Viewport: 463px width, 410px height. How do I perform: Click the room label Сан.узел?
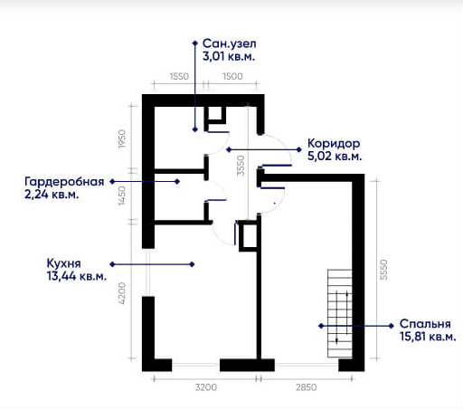[x=230, y=43]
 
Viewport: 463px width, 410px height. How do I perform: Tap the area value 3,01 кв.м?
[x=229, y=56]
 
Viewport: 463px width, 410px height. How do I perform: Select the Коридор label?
[x=334, y=144]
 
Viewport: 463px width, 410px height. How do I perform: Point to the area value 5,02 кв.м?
[x=335, y=157]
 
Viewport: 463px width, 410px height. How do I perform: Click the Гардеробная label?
[x=64, y=182]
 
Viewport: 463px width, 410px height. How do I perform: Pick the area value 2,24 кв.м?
[x=52, y=195]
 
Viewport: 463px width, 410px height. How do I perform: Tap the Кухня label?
[x=64, y=263]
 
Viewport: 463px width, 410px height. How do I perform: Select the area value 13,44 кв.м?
[x=77, y=276]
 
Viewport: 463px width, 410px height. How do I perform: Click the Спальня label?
[x=425, y=324]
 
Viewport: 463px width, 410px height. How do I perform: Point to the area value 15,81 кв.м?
[x=428, y=337]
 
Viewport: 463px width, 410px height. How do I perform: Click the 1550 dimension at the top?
[x=179, y=76]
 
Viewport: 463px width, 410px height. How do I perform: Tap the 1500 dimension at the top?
[x=232, y=76]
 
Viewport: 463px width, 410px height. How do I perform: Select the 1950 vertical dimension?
[x=121, y=138]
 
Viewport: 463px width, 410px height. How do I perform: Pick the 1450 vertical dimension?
[x=121, y=195]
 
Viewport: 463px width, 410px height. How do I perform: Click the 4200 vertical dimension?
[x=121, y=293]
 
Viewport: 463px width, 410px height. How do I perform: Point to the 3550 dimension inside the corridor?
[x=241, y=166]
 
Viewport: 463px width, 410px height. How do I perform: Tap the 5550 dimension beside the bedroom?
[x=383, y=270]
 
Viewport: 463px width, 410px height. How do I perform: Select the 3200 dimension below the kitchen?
[x=206, y=387]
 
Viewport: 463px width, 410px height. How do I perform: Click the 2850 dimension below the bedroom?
[x=306, y=387]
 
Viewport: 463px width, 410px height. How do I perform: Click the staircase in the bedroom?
[x=340, y=313]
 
